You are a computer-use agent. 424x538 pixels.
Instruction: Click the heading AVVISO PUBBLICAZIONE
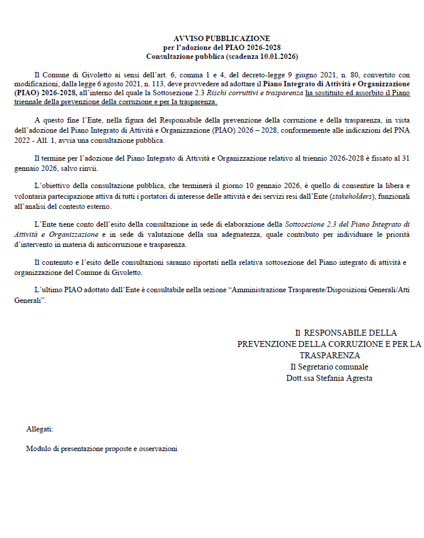[x=222, y=39]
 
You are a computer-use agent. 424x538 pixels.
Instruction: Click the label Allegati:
[x=40, y=428]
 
